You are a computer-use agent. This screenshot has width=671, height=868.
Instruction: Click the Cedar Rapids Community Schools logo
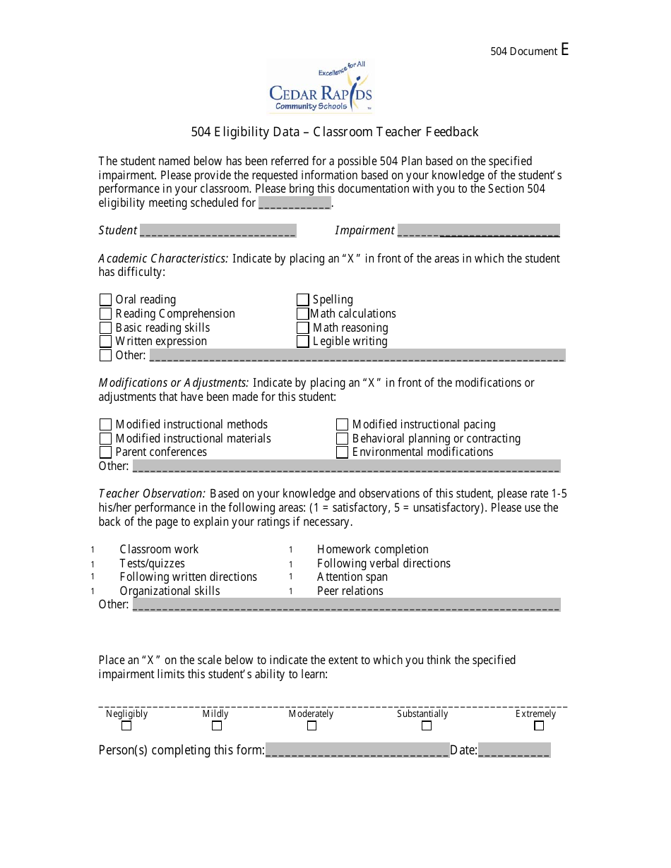320,87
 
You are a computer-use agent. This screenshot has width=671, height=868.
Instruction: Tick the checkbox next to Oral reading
105,300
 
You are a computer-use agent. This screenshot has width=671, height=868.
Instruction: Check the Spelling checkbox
303,300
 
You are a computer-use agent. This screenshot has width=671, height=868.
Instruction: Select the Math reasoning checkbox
303,327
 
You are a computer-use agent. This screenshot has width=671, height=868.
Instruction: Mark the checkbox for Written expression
105,342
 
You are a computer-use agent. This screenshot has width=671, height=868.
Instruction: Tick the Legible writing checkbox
303,342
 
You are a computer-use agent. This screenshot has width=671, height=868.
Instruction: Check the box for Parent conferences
105,452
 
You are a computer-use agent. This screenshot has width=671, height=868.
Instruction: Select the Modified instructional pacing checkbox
343,425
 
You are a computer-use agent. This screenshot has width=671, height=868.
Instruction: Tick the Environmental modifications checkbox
343,452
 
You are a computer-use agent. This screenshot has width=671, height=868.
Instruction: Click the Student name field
218,231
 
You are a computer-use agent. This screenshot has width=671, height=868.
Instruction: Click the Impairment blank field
478,231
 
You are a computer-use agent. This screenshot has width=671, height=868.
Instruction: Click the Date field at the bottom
513,750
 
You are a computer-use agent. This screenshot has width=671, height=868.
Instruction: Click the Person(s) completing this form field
357,750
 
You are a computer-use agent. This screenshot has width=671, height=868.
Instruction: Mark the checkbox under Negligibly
126,725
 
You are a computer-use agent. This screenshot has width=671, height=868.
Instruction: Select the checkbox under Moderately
311,725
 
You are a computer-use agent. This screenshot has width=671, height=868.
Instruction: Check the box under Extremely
539,725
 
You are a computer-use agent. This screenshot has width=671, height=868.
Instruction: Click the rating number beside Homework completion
290,550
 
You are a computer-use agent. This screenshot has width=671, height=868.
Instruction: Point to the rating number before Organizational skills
93,591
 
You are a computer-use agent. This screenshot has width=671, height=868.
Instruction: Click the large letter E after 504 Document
564,49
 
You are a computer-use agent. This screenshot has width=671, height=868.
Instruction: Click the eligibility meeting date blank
295,203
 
